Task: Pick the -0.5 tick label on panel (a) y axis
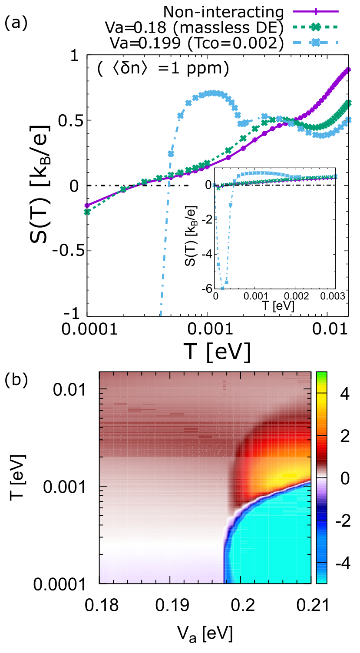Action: pos(65,251)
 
